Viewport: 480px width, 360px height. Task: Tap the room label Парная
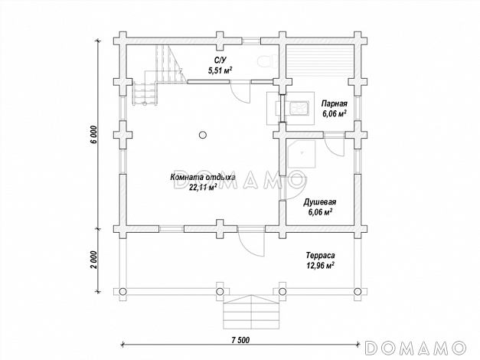(334, 103)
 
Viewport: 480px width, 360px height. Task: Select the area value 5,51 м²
(220, 70)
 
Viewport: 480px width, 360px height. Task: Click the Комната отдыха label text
(203, 178)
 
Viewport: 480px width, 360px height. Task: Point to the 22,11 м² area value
(203, 187)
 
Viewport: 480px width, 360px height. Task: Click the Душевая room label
(320, 202)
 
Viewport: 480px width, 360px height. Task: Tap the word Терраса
(320, 255)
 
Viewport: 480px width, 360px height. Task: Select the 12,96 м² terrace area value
(320, 265)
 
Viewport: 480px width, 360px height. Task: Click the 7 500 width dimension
(240, 340)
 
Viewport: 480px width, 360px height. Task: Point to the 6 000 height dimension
(94, 134)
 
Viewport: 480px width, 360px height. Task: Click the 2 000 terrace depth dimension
(94, 260)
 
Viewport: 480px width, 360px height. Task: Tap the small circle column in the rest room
(202, 135)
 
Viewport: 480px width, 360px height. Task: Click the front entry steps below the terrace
(251, 313)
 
